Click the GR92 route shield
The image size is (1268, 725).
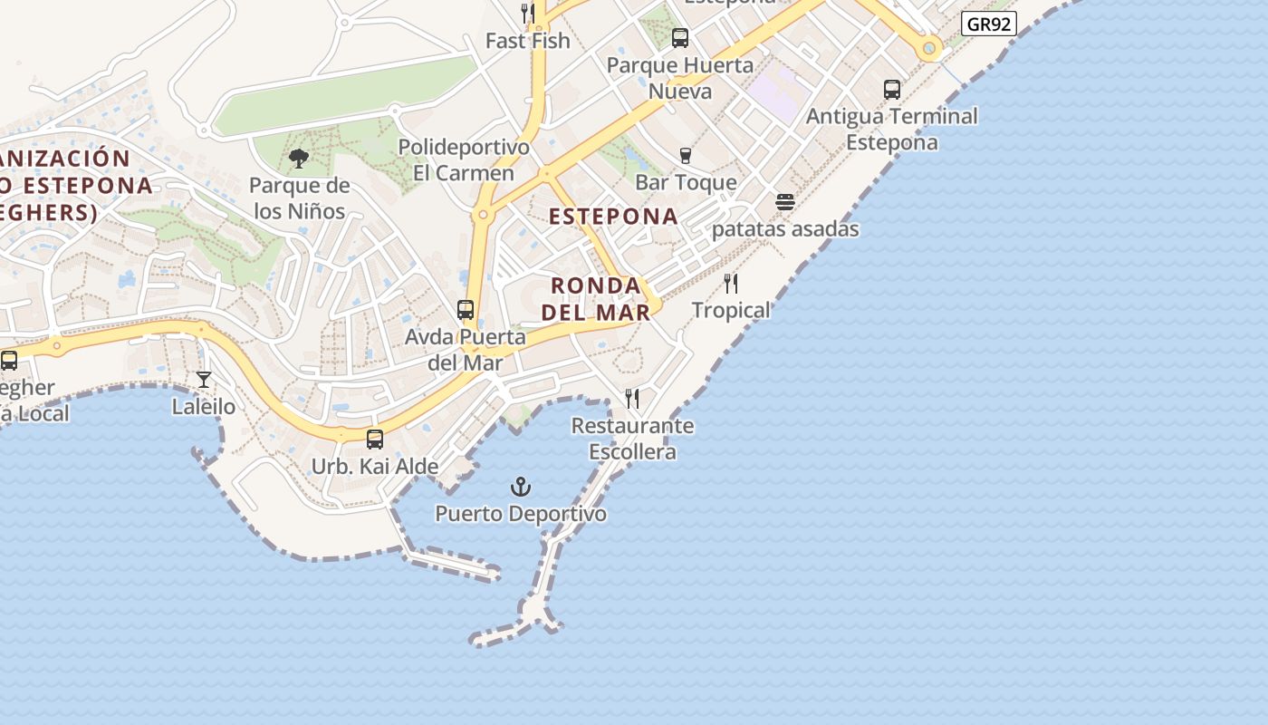[x=988, y=24]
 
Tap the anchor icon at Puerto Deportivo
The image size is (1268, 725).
[x=521, y=488]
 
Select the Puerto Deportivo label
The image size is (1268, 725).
[x=521, y=514]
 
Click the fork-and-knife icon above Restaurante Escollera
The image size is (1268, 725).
[x=632, y=398]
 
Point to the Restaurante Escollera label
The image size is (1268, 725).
[x=632, y=439]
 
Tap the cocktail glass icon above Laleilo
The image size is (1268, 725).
[x=204, y=379]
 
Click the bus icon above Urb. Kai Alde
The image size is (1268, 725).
[x=375, y=440]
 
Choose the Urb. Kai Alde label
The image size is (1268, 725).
[x=375, y=467]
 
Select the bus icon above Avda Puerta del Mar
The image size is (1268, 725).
[x=466, y=310]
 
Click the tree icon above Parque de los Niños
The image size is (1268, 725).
[x=298, y=159]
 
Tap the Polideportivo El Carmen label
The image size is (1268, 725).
[x=464, y=159]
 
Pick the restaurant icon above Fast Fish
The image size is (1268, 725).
[x=528, y=13]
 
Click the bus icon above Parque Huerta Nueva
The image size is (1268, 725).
[x=680, y=38]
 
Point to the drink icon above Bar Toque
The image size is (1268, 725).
[x=686, y=156]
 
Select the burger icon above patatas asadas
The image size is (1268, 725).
[x=785, y=202]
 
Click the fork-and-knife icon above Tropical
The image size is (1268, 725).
[x=731, y=284]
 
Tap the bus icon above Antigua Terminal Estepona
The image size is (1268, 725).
[x=892, y=90]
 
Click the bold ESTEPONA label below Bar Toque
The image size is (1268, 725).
[x=613, y=216]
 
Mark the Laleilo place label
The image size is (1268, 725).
[x=204, y=407]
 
